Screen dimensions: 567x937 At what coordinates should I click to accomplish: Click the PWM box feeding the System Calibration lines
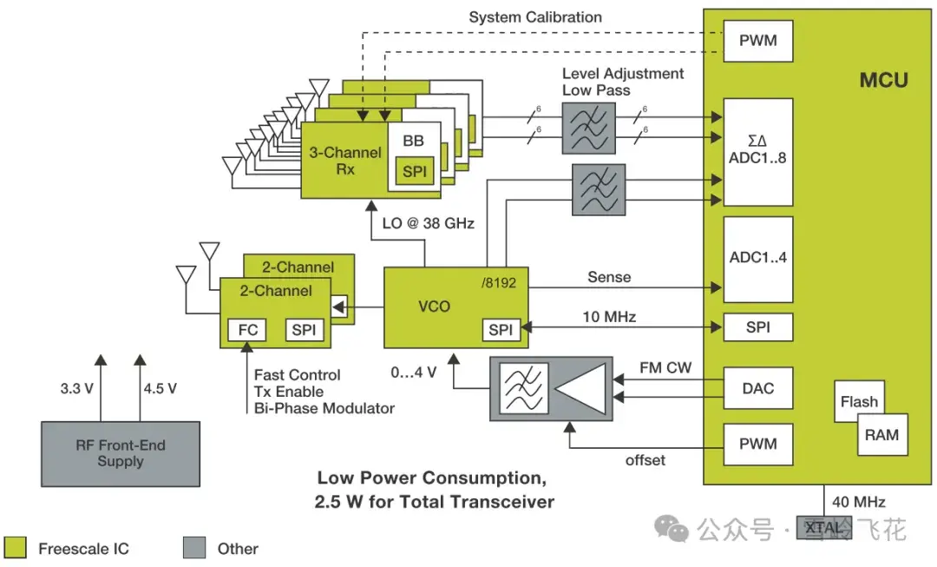[x=757, y=41]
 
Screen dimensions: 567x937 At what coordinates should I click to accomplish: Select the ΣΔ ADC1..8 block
[x=757, y=151]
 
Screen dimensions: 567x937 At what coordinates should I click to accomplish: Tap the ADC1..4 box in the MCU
[x=757, y=258]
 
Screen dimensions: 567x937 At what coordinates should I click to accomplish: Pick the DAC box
[x=757, y=388]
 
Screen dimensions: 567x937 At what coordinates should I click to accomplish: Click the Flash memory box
[x=859, y=401]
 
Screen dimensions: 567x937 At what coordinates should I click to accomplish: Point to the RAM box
[x=881, y=434]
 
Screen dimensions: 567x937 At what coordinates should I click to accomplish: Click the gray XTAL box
[x=823, y=527]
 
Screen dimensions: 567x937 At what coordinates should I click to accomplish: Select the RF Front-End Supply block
[x=121, y=453]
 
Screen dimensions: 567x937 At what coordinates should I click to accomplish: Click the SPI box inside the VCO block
[x=501, y=330]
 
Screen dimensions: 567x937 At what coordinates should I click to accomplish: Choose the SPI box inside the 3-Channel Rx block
[x=415, y=171]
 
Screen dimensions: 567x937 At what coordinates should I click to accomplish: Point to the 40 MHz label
[x=858, y=501]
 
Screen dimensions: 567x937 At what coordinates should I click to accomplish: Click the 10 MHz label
[x=609, y=317]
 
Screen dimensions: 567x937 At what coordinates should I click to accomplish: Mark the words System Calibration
[x=535, y=16]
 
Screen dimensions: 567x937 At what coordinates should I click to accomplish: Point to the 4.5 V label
[x=160, y=388]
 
